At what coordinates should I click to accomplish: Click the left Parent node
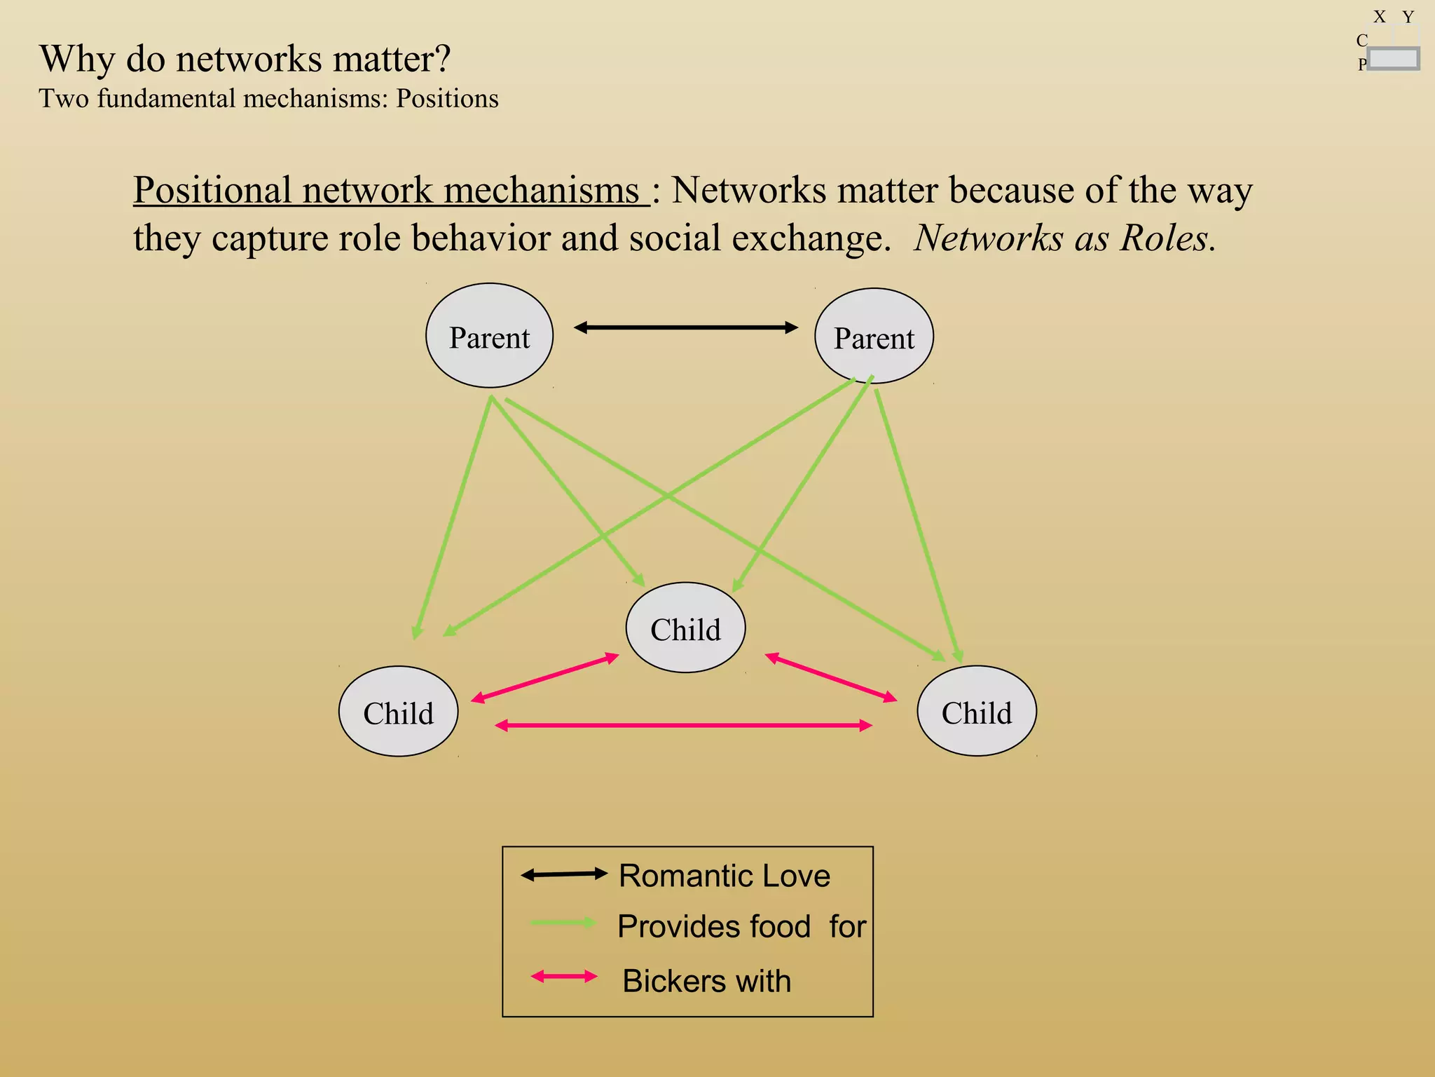(489, 336)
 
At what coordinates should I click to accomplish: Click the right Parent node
(874, 337)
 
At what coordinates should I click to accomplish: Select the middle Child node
(685, 628)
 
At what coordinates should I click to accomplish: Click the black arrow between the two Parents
(685, 327)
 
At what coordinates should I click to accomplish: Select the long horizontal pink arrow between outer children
(683, 726)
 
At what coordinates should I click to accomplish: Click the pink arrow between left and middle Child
(545, 677)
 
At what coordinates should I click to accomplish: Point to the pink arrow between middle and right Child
(831, 677)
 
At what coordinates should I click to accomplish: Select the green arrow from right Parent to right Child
(916, 526)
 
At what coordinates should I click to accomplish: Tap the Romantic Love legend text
(724, 876)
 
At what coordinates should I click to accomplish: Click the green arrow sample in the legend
(563, 923)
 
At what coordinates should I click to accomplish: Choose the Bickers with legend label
(706, 980)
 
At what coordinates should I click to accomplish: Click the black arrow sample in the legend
(563, 874)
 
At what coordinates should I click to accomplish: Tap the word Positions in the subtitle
(447, 99)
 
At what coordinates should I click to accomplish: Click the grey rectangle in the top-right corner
(1393, 59)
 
